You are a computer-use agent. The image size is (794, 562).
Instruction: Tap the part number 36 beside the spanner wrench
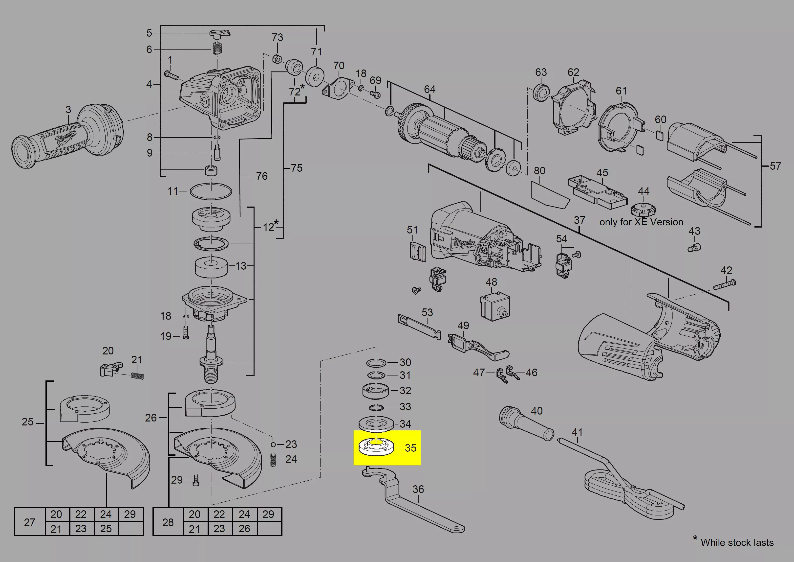[418, 489]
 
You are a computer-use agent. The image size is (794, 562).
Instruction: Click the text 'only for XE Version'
[641, 222]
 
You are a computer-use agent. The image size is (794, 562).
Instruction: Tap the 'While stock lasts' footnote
[737, 542]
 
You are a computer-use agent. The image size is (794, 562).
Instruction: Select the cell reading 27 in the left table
[30, 522]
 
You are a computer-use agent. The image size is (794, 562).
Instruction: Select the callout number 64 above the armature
[429, 89]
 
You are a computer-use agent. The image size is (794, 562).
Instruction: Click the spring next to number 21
[137, 375]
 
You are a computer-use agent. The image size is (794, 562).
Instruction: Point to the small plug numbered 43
[694, 247]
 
